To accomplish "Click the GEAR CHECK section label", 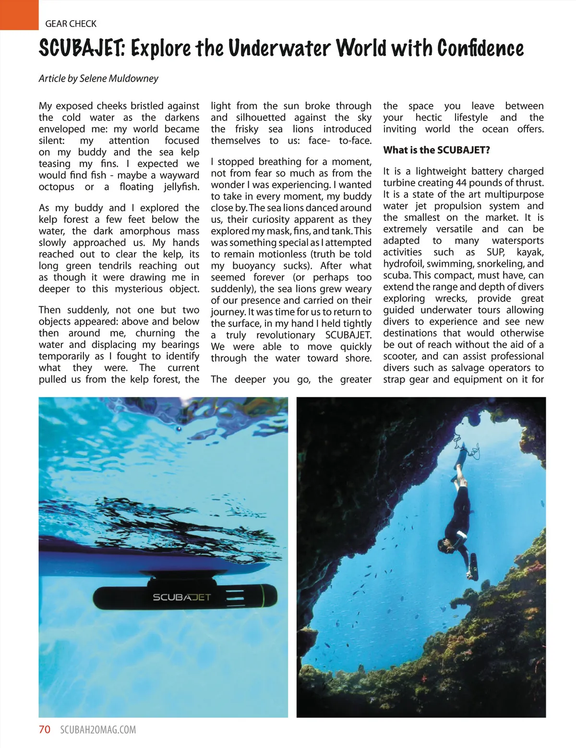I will click(71, 24).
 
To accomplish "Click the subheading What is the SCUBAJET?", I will click(436, 150).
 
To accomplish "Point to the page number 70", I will click(44, 730).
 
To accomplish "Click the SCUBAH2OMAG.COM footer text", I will click(98, 730).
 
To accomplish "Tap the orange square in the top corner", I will click(19, 14).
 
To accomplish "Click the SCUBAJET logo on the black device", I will click(181, 597).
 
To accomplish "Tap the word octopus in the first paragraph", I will click(57, 187).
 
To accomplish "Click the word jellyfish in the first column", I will click(181, 187).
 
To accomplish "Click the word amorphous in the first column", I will click(145, 231).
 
